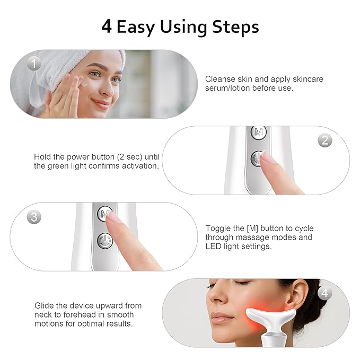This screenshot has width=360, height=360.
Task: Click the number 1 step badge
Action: coord(34,65)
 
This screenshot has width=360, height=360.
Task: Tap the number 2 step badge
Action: coord(324,141)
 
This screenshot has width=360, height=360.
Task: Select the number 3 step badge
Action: coord(34,217)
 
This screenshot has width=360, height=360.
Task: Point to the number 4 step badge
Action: coord(324,293)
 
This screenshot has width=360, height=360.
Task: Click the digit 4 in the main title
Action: coord(107,27)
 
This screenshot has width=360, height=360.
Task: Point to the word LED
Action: coord(214,247)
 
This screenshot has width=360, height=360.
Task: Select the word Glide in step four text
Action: coord(45,306)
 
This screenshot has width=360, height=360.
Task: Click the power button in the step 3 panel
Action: coord(106,241)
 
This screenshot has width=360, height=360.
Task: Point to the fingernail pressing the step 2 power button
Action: coord(267,157)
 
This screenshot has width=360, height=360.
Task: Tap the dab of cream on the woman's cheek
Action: coord(83,82)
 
